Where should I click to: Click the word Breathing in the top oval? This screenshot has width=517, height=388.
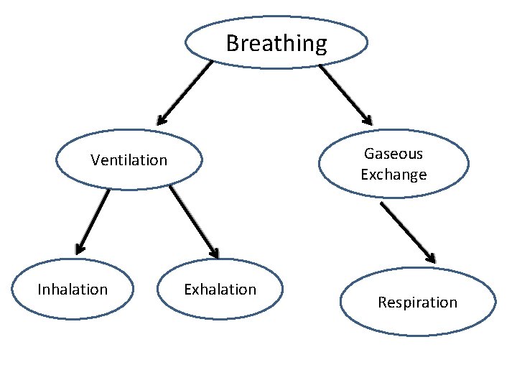(x=276, y=44)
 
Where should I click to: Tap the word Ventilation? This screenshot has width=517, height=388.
(x=129, y=160)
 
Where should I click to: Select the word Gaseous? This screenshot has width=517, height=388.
(x=393, y=153)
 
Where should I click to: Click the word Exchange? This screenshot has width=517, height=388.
(x=393, y=175)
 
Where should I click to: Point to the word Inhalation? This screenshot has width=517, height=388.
(x=73, y=290)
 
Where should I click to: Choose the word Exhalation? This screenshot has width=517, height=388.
(x=220, y=290)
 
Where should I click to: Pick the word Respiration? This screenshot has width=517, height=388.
(x=417, y=302)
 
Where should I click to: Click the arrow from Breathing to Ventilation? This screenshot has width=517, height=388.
(x=185, y=92)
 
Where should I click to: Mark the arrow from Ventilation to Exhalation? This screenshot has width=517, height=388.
(x=194, y=222)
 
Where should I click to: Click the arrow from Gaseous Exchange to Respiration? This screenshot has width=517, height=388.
(x=407, y=231)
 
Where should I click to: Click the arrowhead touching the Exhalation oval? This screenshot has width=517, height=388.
(x=213, y=253)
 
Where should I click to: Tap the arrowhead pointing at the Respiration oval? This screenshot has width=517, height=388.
(x=430, y=257)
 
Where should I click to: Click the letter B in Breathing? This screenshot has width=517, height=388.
(x=232, y=44)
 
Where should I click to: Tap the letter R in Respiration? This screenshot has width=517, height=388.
(x=382, y=302)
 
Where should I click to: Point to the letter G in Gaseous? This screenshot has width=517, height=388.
(x=368, y=153)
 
